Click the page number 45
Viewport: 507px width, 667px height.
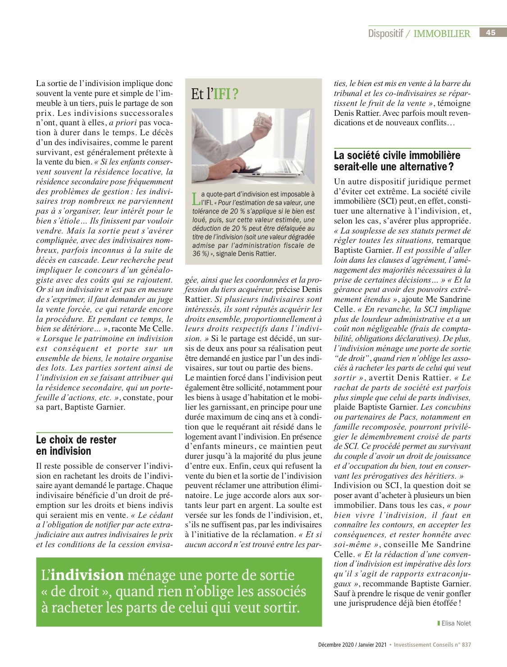pyautogui.click(x=491, y=32)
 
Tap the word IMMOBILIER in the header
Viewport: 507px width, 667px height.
pyautogui.click(x=442, y=33)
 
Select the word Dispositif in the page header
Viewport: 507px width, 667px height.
pyautogui.click(x=385, y=33)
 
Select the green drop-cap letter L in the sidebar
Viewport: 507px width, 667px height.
pyautogui.click(x=195, y=198)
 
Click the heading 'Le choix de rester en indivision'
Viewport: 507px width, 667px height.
pyautogui.click(x=76, y=445)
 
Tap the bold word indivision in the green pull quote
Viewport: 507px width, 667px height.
pyautogui.click(x=87, y=575)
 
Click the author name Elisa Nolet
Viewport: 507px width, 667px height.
pyautogui.click(x=457, y=623)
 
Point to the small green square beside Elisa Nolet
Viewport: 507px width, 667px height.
pyautogui.click(x=438, y=623)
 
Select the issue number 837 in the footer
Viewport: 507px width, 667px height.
pyautogui.click(x=466, y=645)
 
